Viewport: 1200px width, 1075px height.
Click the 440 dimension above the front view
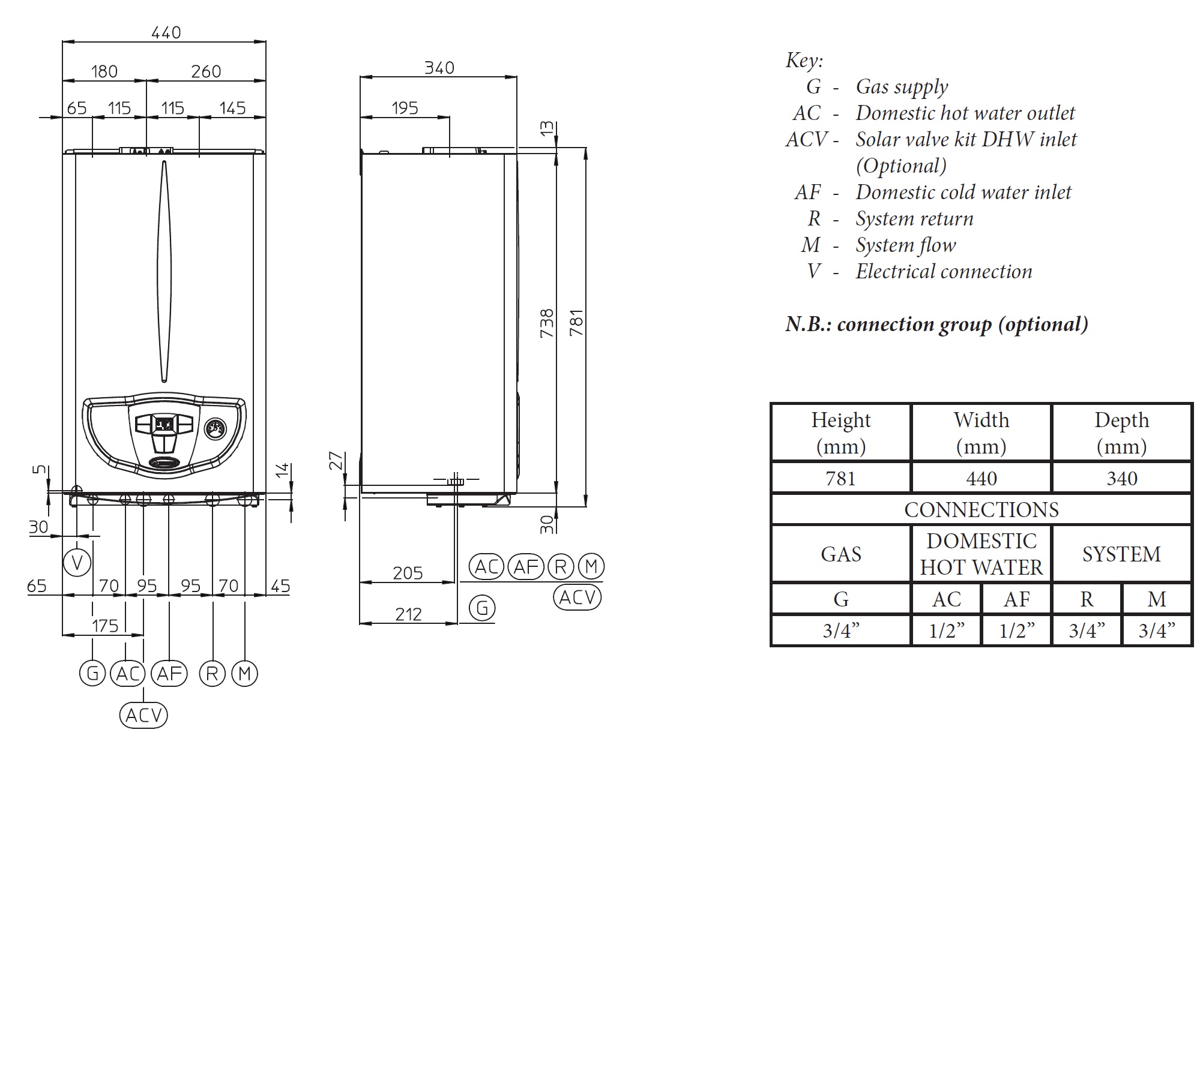166,32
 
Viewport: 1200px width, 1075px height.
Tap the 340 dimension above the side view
439,68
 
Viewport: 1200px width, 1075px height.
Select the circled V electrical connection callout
77,563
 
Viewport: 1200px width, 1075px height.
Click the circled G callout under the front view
92,673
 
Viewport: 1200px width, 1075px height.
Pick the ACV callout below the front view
143,715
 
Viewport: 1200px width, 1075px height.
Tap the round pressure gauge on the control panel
214,428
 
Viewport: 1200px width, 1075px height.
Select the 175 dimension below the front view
105,626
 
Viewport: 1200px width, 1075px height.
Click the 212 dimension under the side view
408,614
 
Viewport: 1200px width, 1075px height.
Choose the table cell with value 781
840,478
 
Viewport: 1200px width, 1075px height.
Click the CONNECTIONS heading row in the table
981,509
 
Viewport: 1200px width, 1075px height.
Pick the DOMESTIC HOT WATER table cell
981,554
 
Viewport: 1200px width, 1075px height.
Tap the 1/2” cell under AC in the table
946,630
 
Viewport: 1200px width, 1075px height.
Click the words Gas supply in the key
902,87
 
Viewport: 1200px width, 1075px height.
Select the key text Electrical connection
944,272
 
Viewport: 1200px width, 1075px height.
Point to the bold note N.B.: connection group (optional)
936,324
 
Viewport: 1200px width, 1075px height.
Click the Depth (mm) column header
1121,433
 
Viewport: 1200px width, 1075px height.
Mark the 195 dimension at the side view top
405,108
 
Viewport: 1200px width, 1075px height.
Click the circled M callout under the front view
244,673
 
